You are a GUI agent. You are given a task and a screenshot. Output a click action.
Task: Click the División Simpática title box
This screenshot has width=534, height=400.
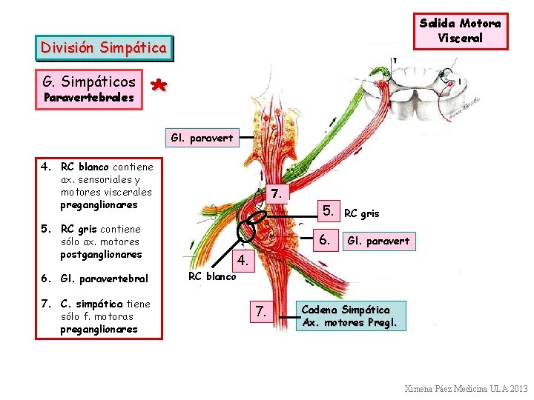[x=104, y=48]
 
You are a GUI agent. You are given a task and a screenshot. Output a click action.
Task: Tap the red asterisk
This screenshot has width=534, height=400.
[x=158, y=87]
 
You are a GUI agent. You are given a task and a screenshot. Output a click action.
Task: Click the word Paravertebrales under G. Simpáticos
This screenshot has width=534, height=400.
[x=89, y=98]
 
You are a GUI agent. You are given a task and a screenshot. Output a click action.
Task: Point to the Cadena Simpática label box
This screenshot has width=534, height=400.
[x=354, y=316]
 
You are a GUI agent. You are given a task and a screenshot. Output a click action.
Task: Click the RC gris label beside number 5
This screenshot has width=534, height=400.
[x=362, y=213]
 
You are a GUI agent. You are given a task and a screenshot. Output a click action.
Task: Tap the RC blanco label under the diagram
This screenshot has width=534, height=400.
[x=212, y=276]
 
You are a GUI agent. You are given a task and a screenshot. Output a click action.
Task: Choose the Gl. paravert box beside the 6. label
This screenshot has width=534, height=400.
[x=378, y=241]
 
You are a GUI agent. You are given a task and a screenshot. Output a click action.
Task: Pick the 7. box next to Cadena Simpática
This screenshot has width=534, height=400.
[x=260, y=312]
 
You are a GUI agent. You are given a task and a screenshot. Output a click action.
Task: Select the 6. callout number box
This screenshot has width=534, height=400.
[x=324, y=239]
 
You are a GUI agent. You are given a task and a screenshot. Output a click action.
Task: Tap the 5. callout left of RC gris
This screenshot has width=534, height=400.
[x=329, y=210]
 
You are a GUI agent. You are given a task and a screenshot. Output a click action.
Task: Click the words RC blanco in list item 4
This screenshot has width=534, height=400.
[x=85, y=167]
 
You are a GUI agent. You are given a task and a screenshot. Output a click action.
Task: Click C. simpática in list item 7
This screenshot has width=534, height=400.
[x=92, y=304]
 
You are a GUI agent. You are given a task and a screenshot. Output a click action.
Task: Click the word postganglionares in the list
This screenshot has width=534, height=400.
[x=101, y=254]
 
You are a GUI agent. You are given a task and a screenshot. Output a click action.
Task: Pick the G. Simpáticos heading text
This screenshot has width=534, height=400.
[x=89, y=81]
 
